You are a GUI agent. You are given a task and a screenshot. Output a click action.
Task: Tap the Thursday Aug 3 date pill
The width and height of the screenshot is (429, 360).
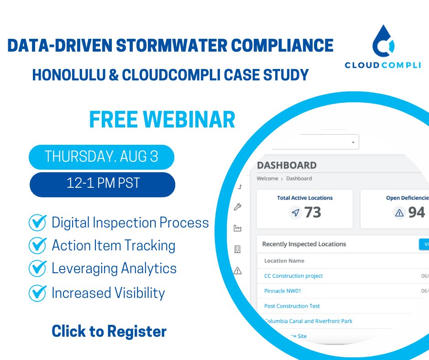pyautogui.click(x=101, y=157)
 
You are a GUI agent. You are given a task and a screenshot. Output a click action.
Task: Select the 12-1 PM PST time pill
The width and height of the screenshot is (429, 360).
pyautogui.click(x=102, y=184)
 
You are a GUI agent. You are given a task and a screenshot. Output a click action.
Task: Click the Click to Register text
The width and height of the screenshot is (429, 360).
pyautogui.click(x=109, y=331)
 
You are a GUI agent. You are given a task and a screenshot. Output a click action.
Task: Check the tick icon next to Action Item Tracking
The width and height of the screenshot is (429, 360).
pyautogui.click(x=37, y=245)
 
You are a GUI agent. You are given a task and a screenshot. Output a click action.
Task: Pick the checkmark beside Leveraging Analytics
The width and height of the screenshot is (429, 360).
pyautogui.click(x=37, y=268)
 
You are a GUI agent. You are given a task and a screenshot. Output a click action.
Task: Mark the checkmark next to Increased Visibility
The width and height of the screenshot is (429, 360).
pyautogui.click(x=37, y=293)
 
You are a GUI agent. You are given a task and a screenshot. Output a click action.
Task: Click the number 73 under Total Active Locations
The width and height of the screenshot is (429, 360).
pyautogui.click(x=313, y=212)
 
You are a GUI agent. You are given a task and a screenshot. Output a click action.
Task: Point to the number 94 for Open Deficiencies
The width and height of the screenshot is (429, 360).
pyautogui.click(x=416, y=212)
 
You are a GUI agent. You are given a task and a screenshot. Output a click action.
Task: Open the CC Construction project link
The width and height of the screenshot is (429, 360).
pyautogui.click(x=293, y=276)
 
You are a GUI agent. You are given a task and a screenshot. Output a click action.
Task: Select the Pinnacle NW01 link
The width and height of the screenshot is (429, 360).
pyautogui.click(x=283, y=291)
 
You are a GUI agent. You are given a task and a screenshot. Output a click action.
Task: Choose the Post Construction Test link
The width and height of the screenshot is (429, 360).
pyautogui.click(x=292, y=306)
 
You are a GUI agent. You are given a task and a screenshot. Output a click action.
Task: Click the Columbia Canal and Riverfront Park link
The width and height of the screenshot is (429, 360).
pyautogui.click(x=309, y=321)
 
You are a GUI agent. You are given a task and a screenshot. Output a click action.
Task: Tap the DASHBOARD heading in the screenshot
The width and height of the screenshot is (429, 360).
pyautogui.click(x=287, y=165)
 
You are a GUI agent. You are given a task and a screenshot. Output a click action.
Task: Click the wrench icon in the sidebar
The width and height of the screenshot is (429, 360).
pyautogui.click(x=237, y=207)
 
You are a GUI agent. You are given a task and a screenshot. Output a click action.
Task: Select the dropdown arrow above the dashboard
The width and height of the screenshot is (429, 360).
pyautogui.click(x=353, y=142)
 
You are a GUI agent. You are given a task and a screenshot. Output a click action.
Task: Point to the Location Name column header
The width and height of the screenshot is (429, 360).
pyautogui.click(x=284, y=261)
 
